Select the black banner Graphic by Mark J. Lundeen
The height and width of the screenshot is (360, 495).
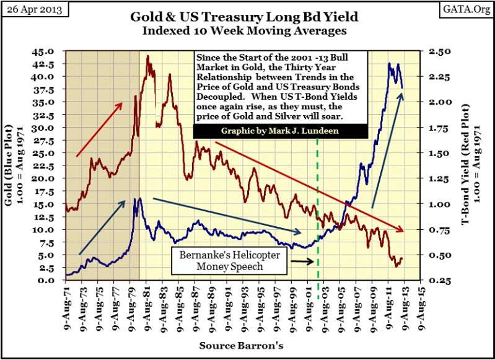click(279, 131)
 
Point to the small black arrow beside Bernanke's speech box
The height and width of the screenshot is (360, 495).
click(303, 261)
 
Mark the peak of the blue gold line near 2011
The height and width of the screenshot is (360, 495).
click(390, 63)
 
